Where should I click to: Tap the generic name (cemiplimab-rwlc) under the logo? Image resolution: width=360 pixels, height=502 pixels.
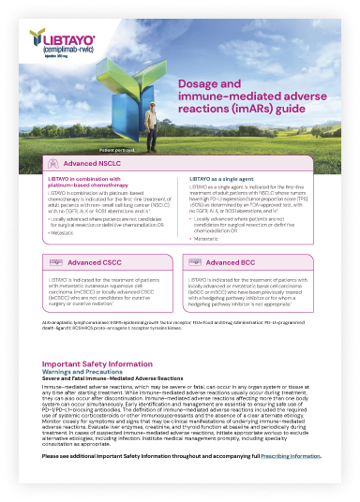pyautogui.click(x=55, y=48)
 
